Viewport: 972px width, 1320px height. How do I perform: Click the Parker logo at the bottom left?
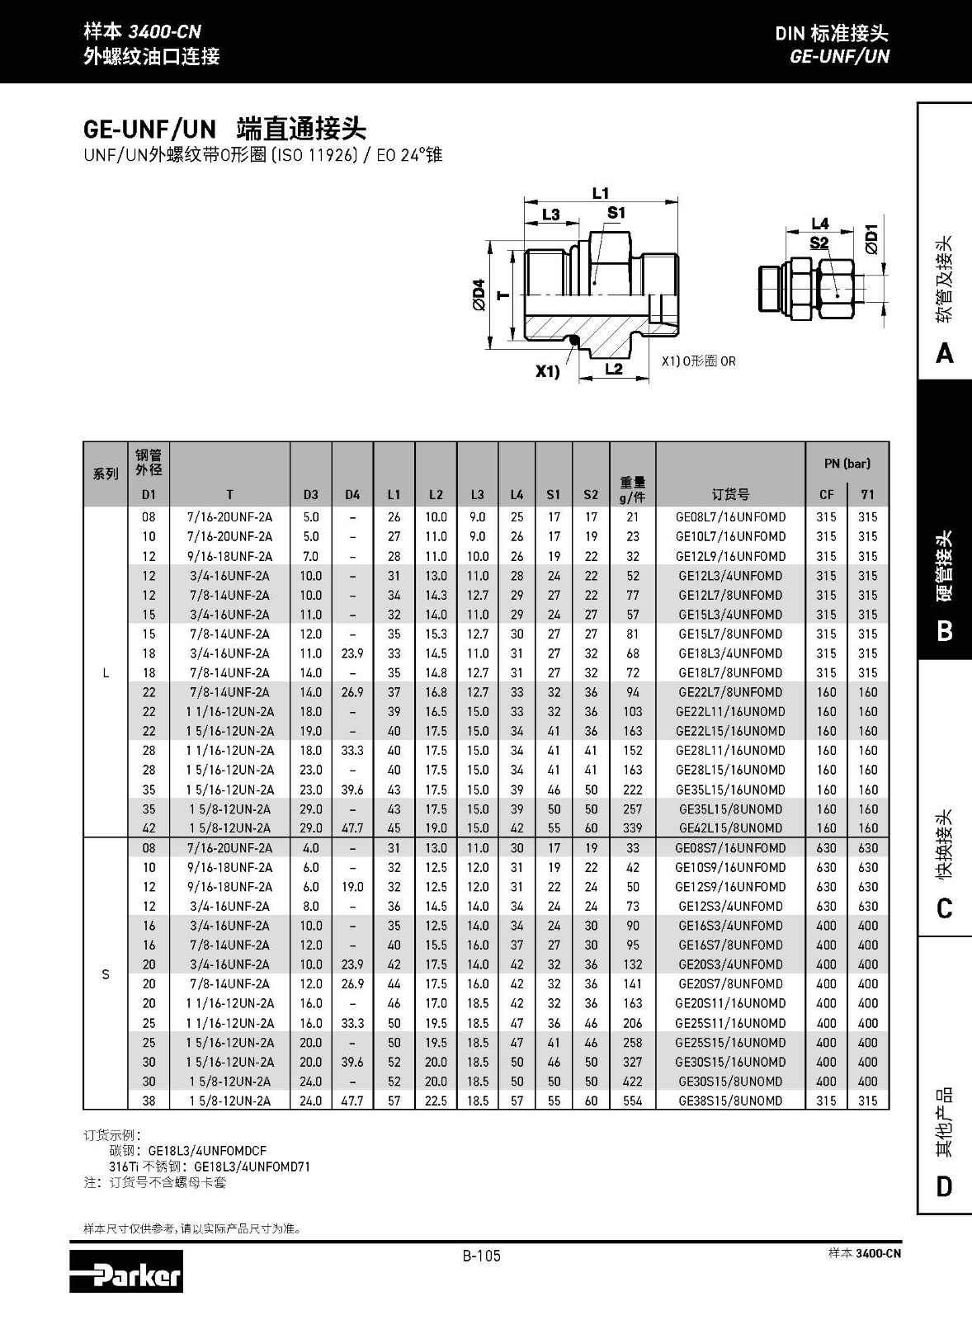point(125,1272)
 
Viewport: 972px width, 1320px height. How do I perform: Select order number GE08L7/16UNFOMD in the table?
point(730,517)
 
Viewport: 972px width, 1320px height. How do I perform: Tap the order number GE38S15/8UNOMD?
point(730,1101)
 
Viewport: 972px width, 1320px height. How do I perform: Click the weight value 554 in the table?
point(633,1101)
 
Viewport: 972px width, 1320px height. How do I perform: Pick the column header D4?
point(352,495)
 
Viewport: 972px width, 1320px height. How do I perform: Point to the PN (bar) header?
point(847,464)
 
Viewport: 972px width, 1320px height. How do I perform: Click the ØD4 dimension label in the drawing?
point(479,295)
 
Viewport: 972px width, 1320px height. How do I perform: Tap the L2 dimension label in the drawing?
point(614,369)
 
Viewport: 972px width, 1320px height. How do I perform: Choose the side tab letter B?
point(945,631)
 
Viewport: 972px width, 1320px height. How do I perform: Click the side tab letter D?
point(945,1186)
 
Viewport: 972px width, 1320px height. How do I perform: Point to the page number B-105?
point(481,1256)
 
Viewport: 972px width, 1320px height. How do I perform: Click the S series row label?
point(106,974)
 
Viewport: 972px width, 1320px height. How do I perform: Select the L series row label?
point(106,672)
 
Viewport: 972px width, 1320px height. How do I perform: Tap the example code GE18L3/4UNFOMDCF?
point(207,1150)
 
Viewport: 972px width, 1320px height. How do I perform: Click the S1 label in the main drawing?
point(616,213)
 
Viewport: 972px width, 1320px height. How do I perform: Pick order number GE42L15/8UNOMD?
point(730,828)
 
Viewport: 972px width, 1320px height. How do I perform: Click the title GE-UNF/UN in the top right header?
point(839,56)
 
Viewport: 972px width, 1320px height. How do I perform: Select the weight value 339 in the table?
point(633,828)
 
